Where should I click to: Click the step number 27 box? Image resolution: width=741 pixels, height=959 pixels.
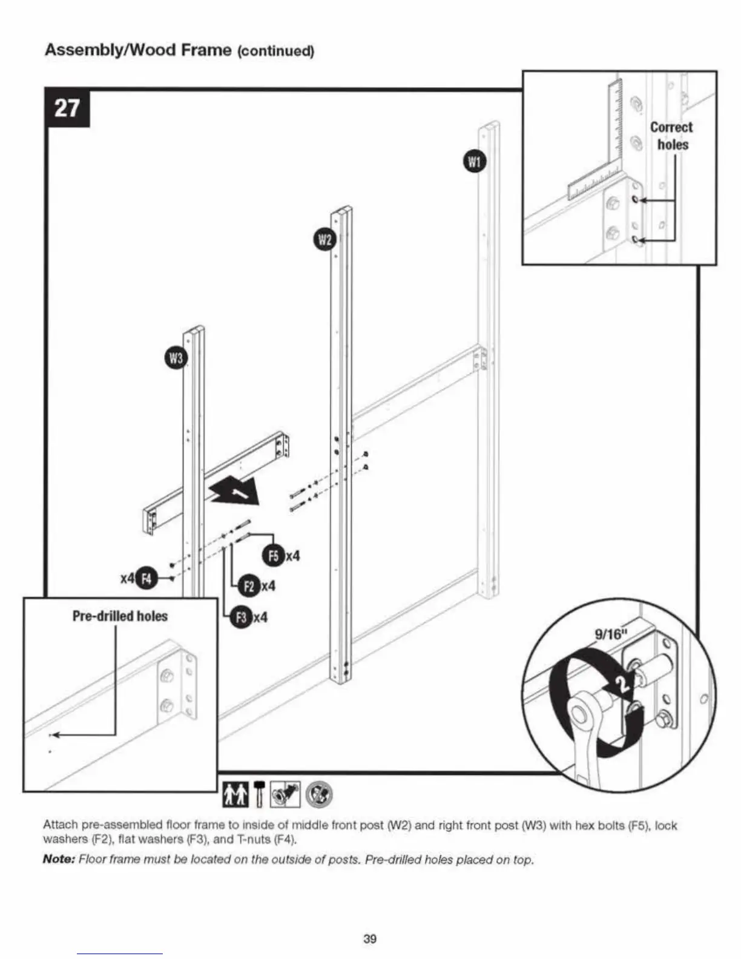(x=67, y=108)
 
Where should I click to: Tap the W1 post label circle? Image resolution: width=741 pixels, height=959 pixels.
(x=474, y=162)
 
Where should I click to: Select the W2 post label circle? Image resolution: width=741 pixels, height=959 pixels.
(x=325, y=240)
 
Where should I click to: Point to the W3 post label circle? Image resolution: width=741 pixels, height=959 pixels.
(x=176, y=358)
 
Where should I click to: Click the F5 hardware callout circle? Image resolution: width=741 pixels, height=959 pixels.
(x=273, y=556)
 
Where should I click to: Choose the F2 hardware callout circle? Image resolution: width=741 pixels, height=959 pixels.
(x=249, y=586)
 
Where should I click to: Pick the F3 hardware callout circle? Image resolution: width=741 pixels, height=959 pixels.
(x=242, y=618)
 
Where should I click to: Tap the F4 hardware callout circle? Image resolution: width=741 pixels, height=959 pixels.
(x=145, y=578)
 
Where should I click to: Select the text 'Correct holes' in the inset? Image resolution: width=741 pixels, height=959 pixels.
(x=671, y=136)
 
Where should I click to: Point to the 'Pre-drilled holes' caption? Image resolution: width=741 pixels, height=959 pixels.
(x=120, y=616)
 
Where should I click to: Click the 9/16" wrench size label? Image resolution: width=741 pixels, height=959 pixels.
(x=608, y=634)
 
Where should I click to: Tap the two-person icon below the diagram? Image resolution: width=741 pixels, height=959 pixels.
(x=235, y=794)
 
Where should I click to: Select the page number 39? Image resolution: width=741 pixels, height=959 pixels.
(x=370, y=939)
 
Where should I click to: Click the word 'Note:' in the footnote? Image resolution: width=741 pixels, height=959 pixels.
(x=58, y=860)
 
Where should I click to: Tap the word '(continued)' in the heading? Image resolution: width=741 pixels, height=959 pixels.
(x=275, y=51)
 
